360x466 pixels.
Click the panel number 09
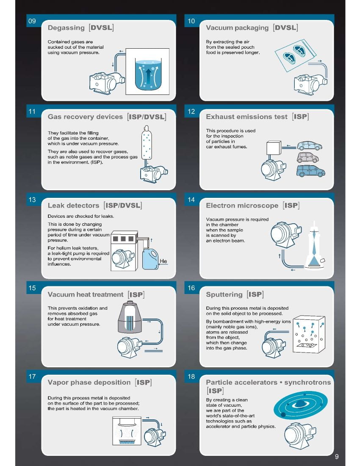click(32, 21)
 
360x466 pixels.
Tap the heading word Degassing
click(66, 28)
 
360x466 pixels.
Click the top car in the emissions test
click(310, 146)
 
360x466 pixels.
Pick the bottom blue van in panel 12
click(310, 171)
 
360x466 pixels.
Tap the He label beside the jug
click(163, 261)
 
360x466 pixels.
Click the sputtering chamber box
click(309, 334)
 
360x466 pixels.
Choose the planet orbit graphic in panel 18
click(300, 405)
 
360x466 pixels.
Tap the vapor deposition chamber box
click(127, 431)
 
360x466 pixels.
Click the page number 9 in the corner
click(337, 457)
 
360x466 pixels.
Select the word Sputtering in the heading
click(224, 294)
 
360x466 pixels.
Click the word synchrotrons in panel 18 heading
click(307, 382)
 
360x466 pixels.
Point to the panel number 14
click(191, 200)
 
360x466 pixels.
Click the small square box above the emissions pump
click(274, 148)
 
